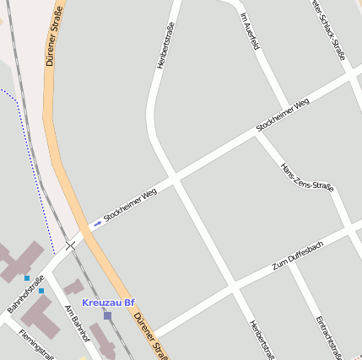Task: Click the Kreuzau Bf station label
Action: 108,303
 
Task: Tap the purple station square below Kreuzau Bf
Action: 107,315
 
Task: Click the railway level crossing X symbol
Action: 71,244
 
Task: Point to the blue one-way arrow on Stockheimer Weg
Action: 97,224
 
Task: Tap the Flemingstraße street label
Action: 35,343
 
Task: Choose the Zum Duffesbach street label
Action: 297,255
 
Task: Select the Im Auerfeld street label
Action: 248,30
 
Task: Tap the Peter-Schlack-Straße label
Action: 328,30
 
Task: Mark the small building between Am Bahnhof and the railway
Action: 73,287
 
